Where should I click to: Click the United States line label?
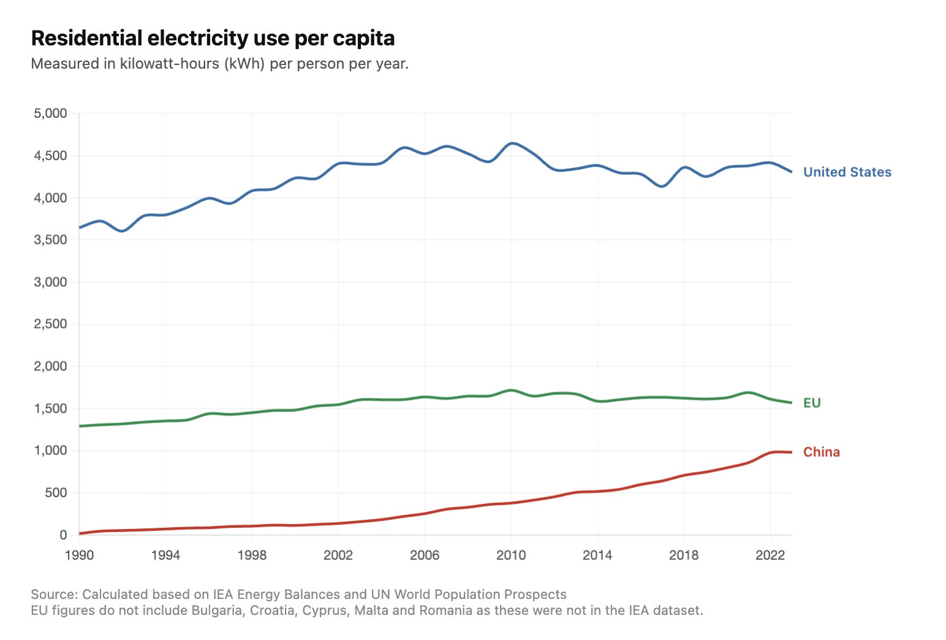tap(847, 172)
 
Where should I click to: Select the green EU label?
tap(812, 403)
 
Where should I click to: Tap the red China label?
tap(821, 452)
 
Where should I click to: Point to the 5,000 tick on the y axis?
tap(50, 113)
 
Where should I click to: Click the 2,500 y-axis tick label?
tap(50, 324)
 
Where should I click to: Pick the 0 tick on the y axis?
tap(63, 535)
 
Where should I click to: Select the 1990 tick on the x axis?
tap(79, 555)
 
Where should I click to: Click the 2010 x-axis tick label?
tap(511, 555)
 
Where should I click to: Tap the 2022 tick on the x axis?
tap(770, 555)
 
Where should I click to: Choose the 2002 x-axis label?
tap(338, 555)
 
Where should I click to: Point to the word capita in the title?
tap(364, 38)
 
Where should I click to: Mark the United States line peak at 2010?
tap(512, 143)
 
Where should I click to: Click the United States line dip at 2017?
tap(662, 186)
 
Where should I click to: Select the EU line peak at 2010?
tap(511, 390)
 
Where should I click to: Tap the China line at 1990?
tap(80, 533)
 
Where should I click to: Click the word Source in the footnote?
tap(54, 595)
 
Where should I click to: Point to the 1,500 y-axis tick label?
tap(50, 409)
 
